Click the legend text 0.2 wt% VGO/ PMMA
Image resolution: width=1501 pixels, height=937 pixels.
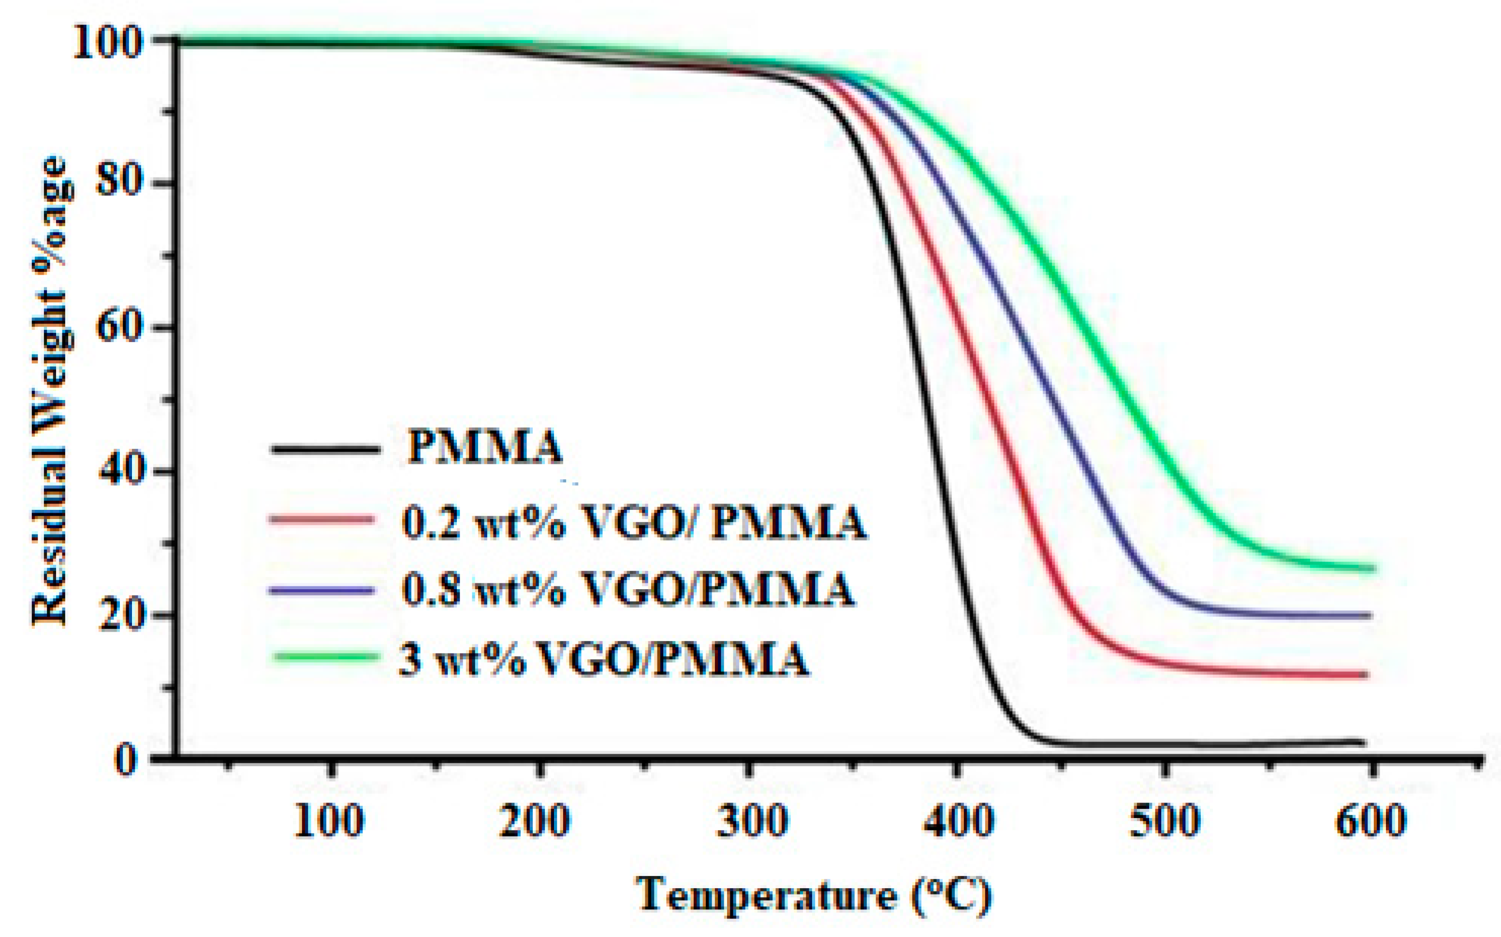click(x=633, y=522)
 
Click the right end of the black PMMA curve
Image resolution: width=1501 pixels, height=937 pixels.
click(x=1363, y=742)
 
